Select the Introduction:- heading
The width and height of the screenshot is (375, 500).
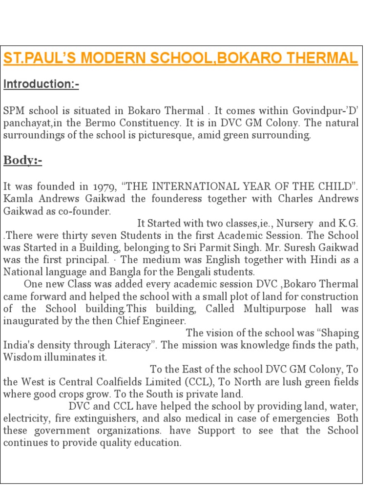41,84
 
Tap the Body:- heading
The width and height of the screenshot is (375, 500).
22,160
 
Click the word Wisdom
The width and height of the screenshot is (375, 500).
20,357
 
